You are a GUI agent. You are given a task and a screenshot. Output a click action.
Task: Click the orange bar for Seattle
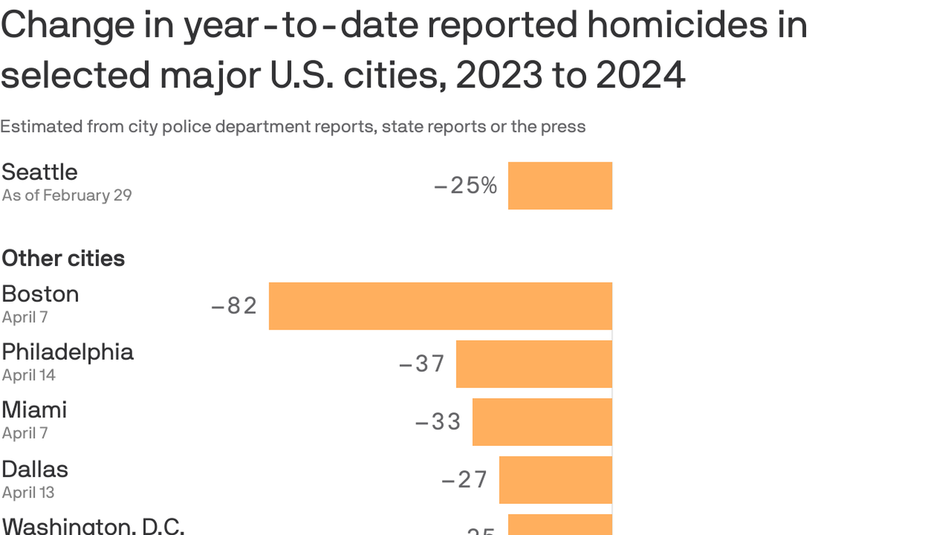(x=560, y=185)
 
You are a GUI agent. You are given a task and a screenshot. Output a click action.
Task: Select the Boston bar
(x=440, y=306)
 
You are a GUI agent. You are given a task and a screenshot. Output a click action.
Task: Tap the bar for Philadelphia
(x=534, y=364)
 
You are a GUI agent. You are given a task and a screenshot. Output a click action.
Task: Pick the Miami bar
(x=542, y=421)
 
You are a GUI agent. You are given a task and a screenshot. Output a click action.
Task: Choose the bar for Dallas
(x=556, y=480)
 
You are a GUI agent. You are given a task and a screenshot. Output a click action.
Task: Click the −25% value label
(x=465, y=186)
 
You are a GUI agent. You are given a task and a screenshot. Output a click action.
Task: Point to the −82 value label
(x=235, y=306)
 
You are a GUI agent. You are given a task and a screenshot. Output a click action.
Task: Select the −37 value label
(x=422, y=364)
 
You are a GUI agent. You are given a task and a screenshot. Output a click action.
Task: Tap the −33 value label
(x=439, y=421)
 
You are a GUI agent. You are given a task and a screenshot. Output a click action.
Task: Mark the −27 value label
(x=465, y=480)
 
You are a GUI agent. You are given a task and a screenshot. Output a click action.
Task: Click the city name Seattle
(x=40, y=172)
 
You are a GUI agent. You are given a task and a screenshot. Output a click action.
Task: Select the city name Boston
(x=40, y=294)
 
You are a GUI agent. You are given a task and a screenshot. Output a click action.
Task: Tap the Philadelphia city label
(x=68, y=352)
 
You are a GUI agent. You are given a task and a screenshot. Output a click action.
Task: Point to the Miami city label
(x=35, y=410)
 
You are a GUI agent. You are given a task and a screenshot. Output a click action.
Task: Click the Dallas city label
(x=35, y=470)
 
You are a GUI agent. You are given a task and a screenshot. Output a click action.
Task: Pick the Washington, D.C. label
(x=93, y=525)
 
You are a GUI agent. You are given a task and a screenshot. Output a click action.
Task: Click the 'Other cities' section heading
(x=63, y=258)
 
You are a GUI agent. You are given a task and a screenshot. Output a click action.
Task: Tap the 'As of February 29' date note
(x=67, y=195)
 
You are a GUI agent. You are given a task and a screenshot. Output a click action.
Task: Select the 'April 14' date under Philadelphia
(x=29, y=375)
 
